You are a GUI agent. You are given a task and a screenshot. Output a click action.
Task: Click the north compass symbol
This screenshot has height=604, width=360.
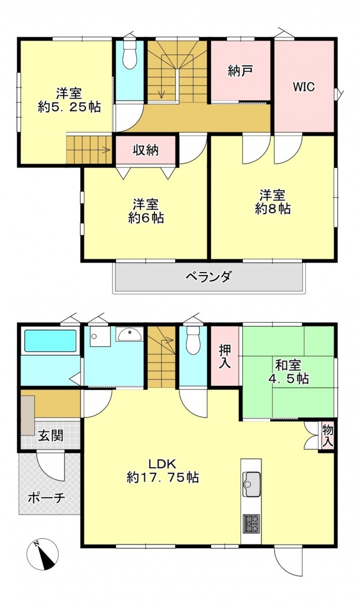[x=42, y=554]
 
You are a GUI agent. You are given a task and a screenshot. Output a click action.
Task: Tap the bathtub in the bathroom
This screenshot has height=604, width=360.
[x=50, y=341]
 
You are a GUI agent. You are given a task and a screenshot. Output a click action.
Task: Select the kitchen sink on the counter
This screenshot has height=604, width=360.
[x=252, y=484]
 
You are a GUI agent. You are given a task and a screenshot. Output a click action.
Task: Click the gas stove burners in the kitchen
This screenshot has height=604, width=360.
[x=252, y=524]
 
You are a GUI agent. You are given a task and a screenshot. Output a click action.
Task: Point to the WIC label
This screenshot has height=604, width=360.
[x=304, y=87]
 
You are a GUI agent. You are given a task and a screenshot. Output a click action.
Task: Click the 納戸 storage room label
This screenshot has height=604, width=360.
[x=241, y=72]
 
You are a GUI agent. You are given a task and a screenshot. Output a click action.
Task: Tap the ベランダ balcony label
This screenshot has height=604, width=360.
[x=208, y=277]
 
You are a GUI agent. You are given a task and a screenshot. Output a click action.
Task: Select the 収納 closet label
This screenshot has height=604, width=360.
[x=146, y=150]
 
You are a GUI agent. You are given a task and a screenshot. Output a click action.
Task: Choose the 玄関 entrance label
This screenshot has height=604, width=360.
[x=50, y=435]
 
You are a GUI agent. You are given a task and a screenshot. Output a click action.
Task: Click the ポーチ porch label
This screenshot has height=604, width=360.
[x=47, y=498]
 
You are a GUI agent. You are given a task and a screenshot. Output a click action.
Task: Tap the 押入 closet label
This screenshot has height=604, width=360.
[x=225, y=356]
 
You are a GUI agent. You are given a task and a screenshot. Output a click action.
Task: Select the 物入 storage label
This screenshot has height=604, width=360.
[x=328, y=437]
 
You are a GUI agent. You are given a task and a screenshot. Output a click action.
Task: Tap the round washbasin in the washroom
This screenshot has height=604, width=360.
[x=130, y=333]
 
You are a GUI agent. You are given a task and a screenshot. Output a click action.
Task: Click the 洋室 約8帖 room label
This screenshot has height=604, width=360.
[x=273, y=202]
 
